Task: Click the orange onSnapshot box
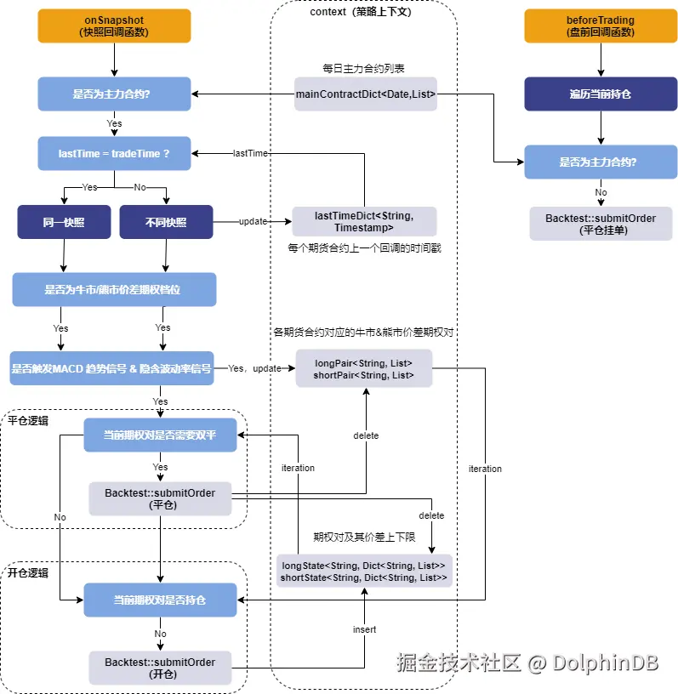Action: [x=114, y=26]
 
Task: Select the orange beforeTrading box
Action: [x=601, y=26]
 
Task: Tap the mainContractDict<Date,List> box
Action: [x=366, y=94]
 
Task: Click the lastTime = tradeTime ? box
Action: [x=114, y=153]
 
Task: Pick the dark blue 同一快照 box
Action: [x=64, y=222]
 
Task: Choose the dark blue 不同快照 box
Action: [x=165, y=222]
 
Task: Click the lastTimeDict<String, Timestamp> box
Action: [x=364, y=222]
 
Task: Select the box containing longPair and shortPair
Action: [x=364, y=369]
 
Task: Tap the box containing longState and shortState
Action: [x=363, y=572]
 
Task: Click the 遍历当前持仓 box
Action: [x=601, y=94]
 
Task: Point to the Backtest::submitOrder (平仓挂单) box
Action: [x=601, y=224]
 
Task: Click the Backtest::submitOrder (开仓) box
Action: [x=160, y=668]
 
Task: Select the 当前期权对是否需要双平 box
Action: [x=160, y=435]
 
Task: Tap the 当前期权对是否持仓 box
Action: [x=160, y=600]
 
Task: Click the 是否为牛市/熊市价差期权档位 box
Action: [x=114, y=289]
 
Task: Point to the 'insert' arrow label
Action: [x=365, y=629]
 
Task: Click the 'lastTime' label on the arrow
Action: [x=250, y=153]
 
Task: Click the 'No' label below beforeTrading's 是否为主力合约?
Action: [x=601, y=192]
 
